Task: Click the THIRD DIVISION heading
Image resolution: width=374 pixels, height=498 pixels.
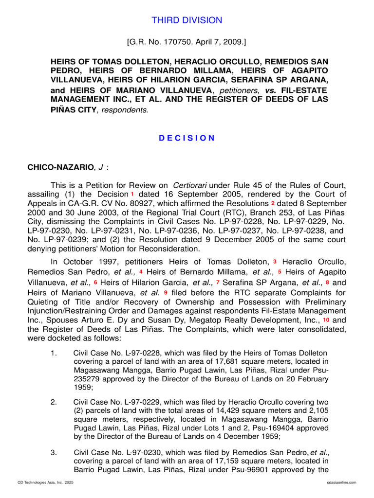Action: point(187,20)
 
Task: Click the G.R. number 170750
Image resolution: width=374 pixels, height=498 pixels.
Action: point(176,43)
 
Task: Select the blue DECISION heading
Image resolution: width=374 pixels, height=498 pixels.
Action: point(187,138)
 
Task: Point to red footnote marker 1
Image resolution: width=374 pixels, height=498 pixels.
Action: point(132,194)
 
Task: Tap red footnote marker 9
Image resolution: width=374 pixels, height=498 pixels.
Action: point(166,292)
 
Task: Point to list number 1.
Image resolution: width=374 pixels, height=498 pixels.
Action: point(54,353)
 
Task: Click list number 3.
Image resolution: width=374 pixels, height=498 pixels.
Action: point(54,453)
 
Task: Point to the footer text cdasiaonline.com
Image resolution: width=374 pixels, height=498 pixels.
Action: point(343,482)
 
